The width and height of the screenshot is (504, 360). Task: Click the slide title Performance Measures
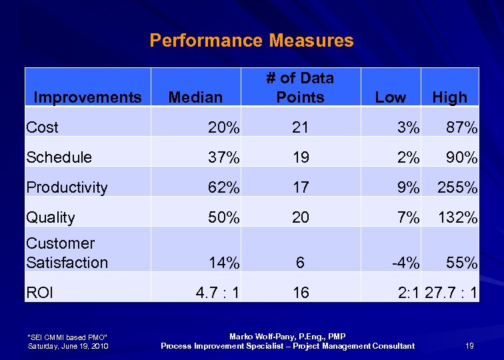251,41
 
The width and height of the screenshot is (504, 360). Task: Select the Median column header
195,97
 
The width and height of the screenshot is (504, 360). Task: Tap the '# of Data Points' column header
300,88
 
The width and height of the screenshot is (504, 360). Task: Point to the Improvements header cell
87,97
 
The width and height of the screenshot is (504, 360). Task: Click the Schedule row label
59,157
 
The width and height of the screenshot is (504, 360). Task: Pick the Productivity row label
67,187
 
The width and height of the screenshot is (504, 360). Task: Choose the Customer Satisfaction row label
67,253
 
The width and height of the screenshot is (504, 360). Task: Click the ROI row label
39,292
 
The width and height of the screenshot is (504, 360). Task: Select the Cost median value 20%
222,127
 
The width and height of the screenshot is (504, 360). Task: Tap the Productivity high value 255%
457,187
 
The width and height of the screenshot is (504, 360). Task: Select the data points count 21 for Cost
301,127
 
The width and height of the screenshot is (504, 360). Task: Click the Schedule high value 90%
462,157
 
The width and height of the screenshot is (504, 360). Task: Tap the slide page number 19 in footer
469,345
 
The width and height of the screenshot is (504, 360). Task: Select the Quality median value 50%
222,217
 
